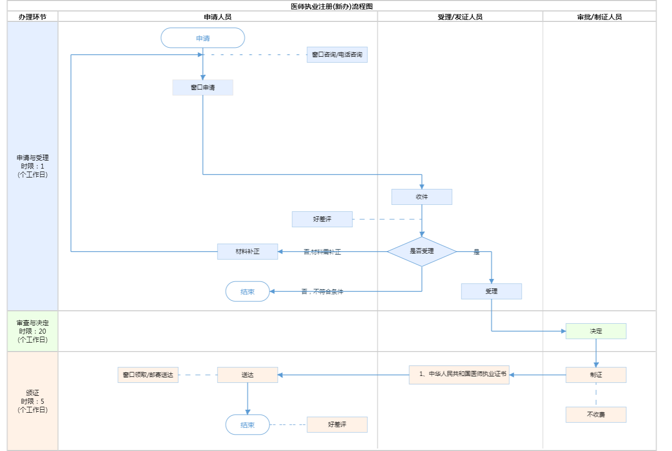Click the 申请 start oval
click(x=203, y=38)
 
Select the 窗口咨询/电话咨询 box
click(x=337, y=55)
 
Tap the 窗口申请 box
click(x=203, y=88)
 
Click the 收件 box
click(x=422, y=197)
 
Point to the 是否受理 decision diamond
click(x=422, y=252)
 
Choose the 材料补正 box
click(x=247, y=252)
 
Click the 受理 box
click(x=491, y=291)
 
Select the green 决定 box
click(x=596, y=331)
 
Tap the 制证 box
click(x=596, y=375)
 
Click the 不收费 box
click(x=596, y=415)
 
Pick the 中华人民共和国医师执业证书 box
click(x=459, y=374)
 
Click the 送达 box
click(x=247, y=375)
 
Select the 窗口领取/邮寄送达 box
click(x=148, y=375)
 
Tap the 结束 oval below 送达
click(x=247, y=425)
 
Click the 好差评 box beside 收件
click(x=322, y=219)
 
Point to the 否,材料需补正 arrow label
click(x=322, y=252)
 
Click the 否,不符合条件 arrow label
click(x=322, y=292)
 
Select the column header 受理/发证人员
click(x=460, y=17)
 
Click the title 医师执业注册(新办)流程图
click(x=332, y=6)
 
